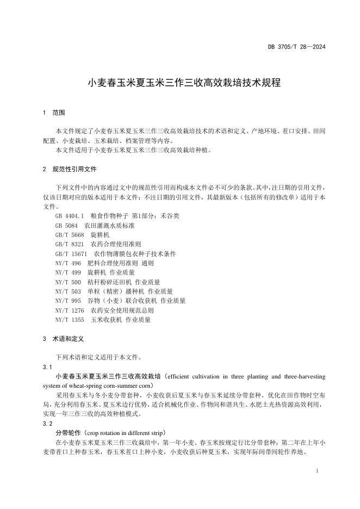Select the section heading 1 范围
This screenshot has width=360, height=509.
[54, 113]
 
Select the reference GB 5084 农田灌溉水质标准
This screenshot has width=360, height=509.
[94, 225]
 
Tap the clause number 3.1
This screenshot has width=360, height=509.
[47, 367]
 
